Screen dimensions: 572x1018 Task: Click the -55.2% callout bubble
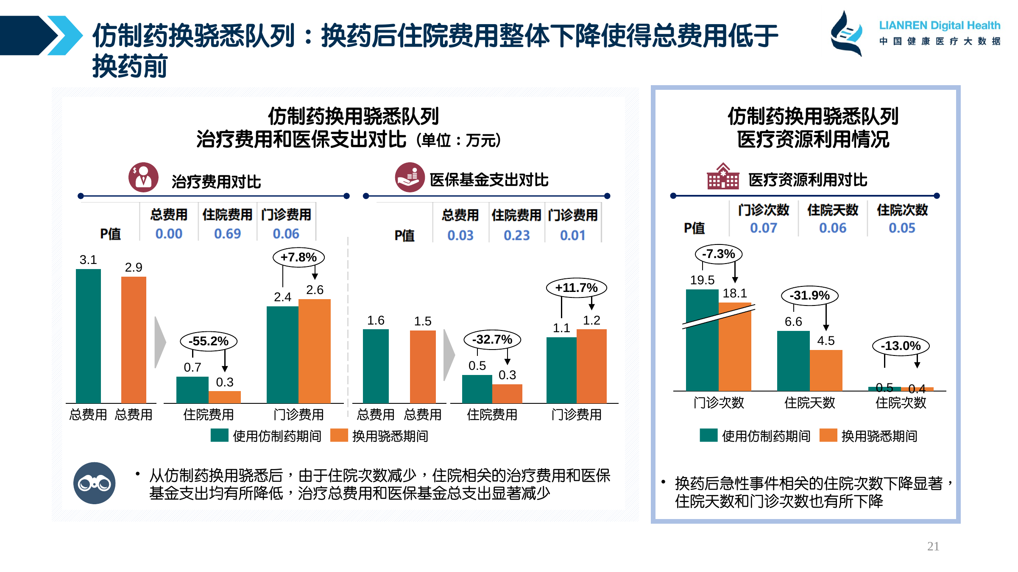(208, 341)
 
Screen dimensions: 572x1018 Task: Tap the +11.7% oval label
(576, 288)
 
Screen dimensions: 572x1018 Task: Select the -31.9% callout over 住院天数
(809, 295)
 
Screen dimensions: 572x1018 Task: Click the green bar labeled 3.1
(88, 336)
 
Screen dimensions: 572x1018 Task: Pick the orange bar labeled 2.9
(134, 339)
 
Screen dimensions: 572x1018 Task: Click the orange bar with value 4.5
(826, 370)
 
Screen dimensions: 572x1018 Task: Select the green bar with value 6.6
(793, 361)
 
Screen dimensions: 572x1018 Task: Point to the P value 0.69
(227, 233)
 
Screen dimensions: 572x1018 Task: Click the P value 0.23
(516, 235)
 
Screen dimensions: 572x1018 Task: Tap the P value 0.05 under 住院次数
(902, 228)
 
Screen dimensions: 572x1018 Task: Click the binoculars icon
(94, 483)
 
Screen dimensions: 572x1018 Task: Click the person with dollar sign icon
(143, 177)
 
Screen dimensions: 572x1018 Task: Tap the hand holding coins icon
(410, 177)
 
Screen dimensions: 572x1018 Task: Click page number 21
(933, 546)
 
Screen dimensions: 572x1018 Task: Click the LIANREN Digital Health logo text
(939, 25)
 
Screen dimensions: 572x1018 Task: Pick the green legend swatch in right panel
(708, 435)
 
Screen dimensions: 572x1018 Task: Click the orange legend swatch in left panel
(339, 435)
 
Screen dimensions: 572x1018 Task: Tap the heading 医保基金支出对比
(489, 180)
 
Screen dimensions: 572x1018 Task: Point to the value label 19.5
(702, 280)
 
